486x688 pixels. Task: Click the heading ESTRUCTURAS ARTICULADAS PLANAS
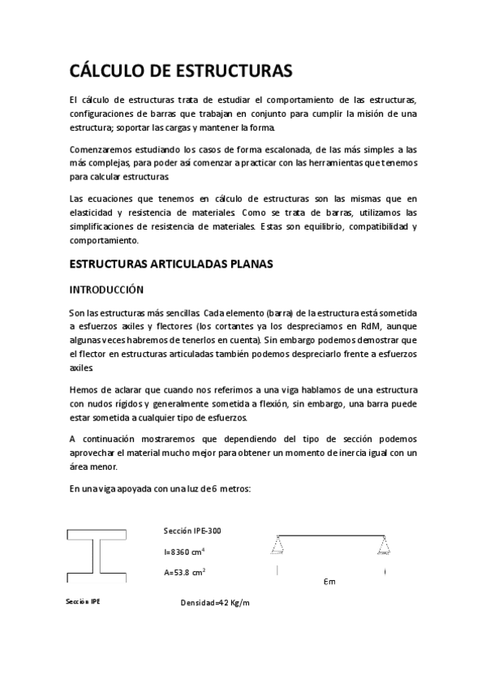point(171,264)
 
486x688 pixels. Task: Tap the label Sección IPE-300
point(191,531)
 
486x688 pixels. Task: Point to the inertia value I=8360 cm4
point(184,552)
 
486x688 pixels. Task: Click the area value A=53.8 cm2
point(184,572)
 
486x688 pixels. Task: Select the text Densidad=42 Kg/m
point(216,604)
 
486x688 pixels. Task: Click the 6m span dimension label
point(329,582)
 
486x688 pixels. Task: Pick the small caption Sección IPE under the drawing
point(84,602)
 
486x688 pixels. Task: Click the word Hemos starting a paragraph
point(84,389)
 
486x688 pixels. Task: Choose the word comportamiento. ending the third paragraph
point(105,240)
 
